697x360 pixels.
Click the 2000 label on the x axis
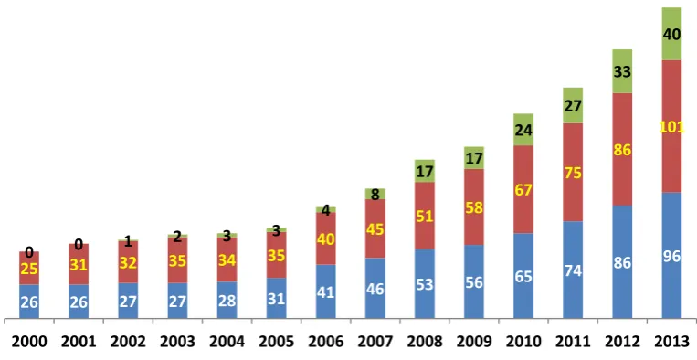point(29,342)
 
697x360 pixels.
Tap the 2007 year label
point(375,342)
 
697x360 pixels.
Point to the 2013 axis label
point(671,342)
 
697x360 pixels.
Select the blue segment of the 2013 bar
point(671,255)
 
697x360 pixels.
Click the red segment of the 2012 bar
point(622,149)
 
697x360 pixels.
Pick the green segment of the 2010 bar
point(523,130)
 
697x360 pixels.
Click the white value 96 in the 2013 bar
point(671,257)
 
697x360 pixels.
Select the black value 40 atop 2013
point(671,34)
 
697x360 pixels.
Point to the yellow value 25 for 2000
point(29,269)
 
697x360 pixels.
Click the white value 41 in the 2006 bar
point(326,293)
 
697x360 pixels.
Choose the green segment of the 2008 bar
point(425,171)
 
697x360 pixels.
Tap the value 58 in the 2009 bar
point(474,207)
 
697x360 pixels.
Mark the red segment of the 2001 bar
point(79,264)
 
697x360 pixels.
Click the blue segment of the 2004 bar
point(227,300)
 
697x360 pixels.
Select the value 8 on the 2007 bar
point(375,195)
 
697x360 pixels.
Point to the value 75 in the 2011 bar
point(573,173)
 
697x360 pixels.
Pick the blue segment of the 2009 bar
point(474,281)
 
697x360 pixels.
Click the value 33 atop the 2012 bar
point(622,71)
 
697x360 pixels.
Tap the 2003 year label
point(178,342)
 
